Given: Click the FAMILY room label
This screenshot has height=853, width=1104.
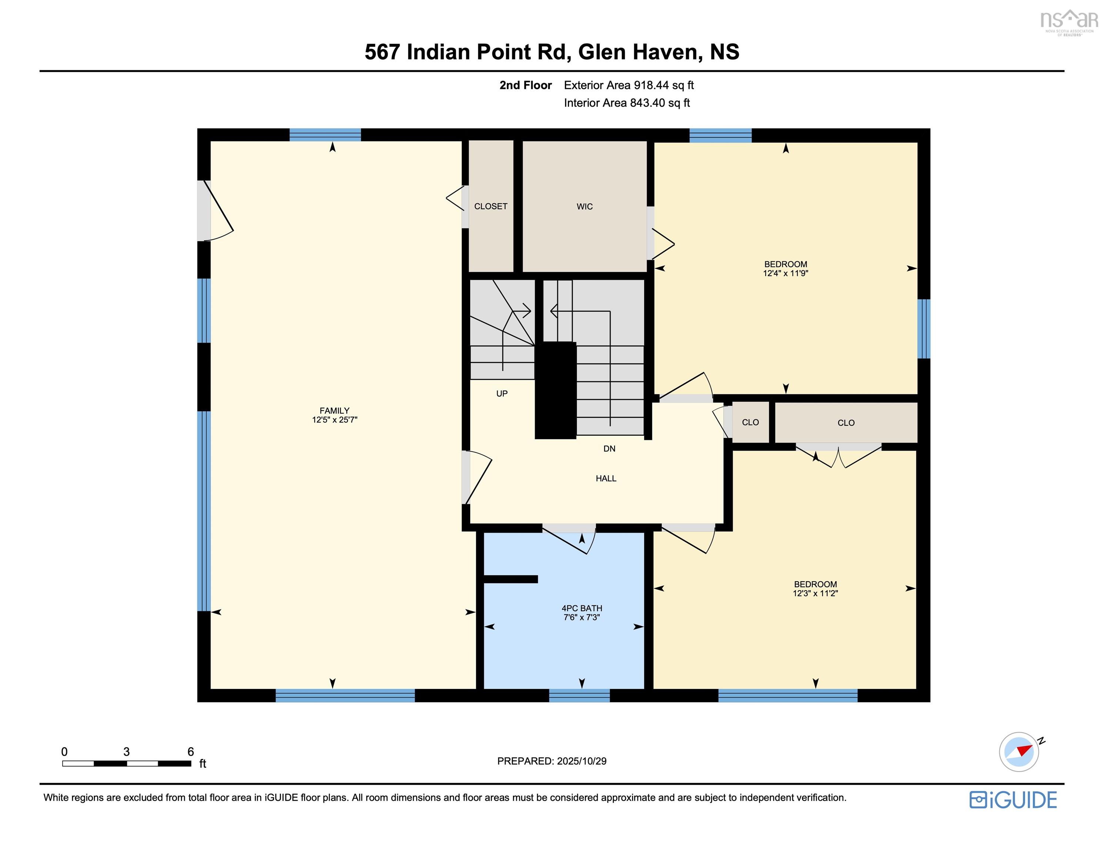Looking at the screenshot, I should click(x=334, y=411).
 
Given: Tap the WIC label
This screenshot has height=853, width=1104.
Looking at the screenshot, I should click(x=584, y=206).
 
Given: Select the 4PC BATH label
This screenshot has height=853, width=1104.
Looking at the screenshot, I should click(x=582, y=608).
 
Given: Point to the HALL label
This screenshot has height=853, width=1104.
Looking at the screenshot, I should click(x=606, y=478).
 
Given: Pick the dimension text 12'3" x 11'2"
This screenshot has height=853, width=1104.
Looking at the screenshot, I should click(x=815, y=593).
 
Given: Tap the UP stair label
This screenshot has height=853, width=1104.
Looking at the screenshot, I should click(x=501, y=394).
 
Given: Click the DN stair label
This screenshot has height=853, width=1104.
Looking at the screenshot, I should click(x=609, y=448).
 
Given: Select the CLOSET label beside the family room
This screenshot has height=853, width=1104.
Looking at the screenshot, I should click(x=490, y=206).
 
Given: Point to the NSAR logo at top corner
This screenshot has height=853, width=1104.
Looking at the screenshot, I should click(x=1068, y=21).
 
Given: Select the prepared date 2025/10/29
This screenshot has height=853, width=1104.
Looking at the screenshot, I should click(x=581, y=761).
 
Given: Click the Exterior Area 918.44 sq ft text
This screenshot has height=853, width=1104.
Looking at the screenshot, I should click(x=629, y=85).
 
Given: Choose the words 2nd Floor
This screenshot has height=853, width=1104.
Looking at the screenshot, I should click(x=525, y=85).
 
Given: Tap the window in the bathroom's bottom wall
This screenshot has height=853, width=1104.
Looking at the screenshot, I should click(x=579, y=695).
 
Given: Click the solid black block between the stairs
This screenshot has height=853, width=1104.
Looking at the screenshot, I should click(x=556, y=390).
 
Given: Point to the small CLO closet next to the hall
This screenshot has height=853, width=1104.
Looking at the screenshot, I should click(x=750, y=422).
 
